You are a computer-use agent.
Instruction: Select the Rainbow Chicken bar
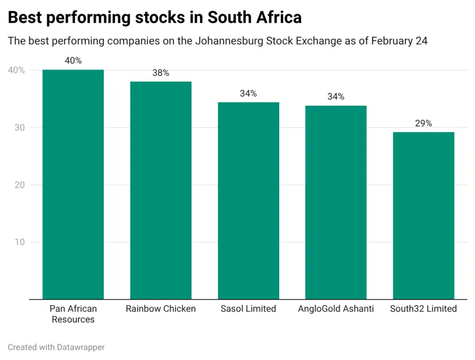tap(160, 190)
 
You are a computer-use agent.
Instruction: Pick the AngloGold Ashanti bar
tap(336, 202)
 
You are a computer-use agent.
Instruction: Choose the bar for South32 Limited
tap(423, 215)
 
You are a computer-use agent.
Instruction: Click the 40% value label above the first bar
tap(73, 61)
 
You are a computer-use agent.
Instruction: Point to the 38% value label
tap(160, 73)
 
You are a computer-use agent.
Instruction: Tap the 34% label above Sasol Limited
tap(248, 93)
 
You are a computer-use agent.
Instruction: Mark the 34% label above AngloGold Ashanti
tap(336, 96)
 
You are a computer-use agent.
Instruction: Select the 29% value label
tap(423, 123)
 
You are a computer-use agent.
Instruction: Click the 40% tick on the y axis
tap(16, 70)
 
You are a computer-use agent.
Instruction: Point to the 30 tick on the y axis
tap(20, 128)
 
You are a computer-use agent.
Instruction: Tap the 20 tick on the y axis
tap(20, 185)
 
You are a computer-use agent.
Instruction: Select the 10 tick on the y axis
tap(20, 242)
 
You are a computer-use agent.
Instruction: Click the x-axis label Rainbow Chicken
tap(160, 309)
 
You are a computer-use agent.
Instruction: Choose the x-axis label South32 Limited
tap(423, 309)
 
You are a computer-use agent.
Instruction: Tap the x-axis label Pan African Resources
tap(73, 314)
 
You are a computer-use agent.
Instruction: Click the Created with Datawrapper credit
tap(56, 347)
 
